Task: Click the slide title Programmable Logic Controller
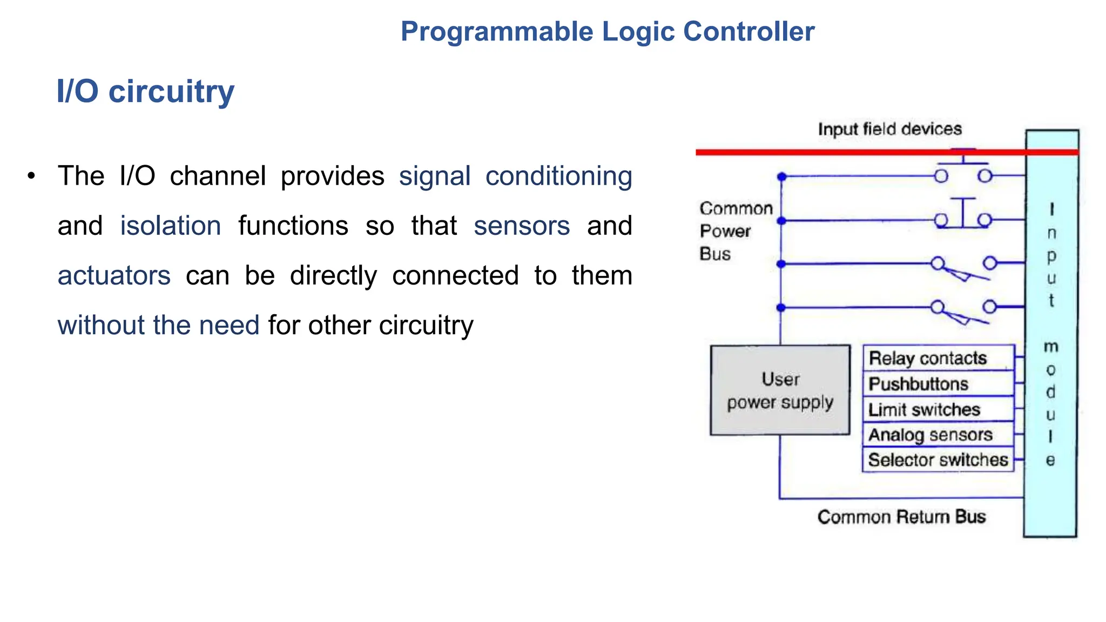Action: [607, 31]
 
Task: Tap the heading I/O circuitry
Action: [145, 91]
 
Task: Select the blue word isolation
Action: [170, 226]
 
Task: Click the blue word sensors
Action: [522, 226]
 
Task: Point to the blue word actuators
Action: [114, 275]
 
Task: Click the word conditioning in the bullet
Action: [558, 176]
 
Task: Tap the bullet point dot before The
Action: [32, 176]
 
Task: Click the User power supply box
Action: [780, 390]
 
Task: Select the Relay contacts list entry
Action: [927, 358]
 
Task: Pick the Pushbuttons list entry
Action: [918, 384]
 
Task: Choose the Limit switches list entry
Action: [924, 410]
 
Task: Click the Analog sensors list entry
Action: [930, 435]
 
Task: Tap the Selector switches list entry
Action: [938, 460]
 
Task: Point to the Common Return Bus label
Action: [901, 517]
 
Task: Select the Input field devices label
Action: [889, 129]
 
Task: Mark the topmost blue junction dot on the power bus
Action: [781, 177]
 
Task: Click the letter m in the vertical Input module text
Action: [1051, 347]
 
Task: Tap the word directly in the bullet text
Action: [333, 275]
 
